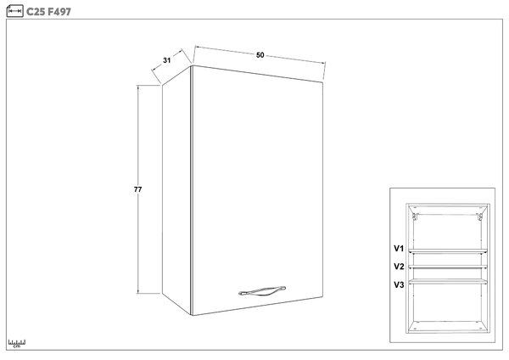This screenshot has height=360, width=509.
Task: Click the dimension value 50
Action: (260, 55)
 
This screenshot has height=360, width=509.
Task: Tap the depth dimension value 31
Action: (167, 60)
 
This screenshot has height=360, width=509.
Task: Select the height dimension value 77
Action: (138, 189)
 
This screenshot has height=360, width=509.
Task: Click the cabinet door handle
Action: (262, 290)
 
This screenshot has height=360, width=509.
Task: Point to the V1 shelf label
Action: (399, 249)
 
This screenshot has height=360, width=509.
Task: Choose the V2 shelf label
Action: (399, 267)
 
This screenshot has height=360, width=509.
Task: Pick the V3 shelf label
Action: (399, 285)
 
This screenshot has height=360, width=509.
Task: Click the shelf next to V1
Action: (448, 250)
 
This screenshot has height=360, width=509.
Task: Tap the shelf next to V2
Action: (448, 267)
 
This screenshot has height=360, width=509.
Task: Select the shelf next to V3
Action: (448, 282)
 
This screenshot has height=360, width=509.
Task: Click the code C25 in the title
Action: (36, 12)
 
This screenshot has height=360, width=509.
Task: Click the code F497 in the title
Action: (59, 12)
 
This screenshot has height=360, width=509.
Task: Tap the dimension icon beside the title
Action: (14, 11)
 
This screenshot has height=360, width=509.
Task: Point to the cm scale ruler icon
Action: (17, 344)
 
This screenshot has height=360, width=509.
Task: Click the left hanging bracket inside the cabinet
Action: (415, 216)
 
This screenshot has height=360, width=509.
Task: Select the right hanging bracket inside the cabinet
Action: (479, 217)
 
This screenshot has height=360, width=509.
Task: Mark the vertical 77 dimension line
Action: (138, 189)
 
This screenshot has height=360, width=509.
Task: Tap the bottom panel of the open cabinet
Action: (448, 327)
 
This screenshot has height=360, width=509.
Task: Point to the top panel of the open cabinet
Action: (448, 208)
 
